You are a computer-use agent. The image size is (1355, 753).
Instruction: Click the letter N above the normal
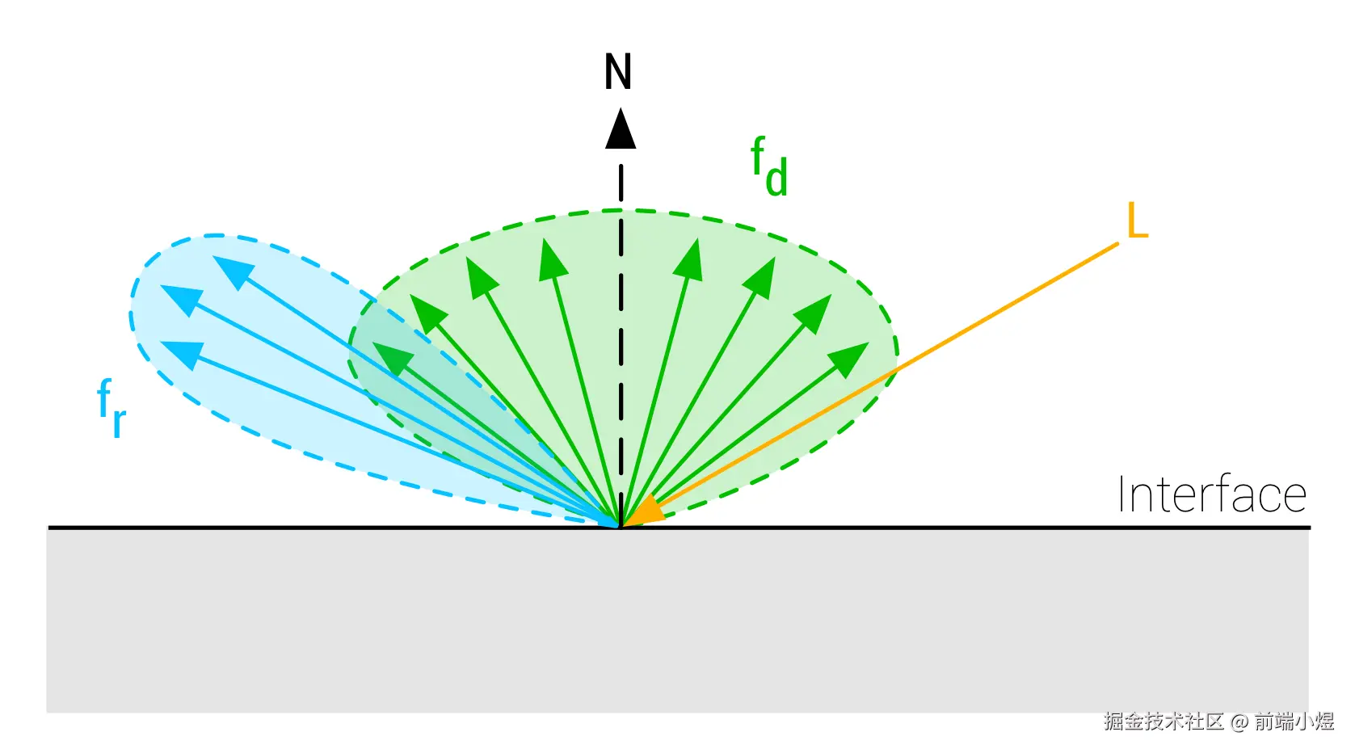click(x=618, y=72)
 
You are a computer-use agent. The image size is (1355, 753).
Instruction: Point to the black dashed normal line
click(x=621, y=323)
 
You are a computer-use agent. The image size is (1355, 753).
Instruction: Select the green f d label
click(x=768, y=167)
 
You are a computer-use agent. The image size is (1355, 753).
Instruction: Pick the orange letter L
click(x=1137, y=220)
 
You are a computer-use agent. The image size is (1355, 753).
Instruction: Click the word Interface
click(x=1211, y=494)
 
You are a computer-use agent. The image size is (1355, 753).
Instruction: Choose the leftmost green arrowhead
click(x=391, y=356)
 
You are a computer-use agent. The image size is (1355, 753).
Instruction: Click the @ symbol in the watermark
click(x=1239, y=721)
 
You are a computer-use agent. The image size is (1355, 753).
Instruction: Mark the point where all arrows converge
click(x=620, y=526)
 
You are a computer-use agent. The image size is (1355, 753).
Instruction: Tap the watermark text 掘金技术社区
click(x=1164, y=721)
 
